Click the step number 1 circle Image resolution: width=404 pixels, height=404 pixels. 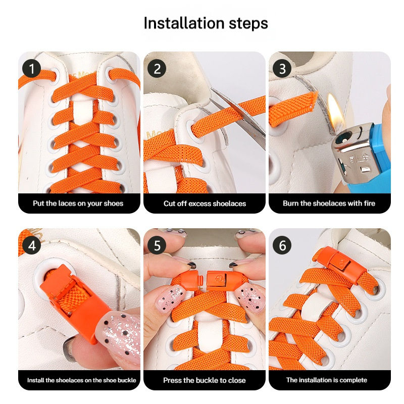(31, 69)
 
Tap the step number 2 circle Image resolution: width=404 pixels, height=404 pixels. (157, 69)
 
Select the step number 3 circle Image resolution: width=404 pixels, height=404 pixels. (282, 69)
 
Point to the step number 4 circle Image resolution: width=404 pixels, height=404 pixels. (31, 245)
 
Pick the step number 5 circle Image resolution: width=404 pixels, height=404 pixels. (157, 245)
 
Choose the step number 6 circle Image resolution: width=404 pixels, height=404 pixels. (282, 245)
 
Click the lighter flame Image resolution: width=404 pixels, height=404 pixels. (335, 112)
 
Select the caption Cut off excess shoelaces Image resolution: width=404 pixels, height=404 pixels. (205, 204)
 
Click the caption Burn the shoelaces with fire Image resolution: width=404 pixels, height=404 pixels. (329, 204)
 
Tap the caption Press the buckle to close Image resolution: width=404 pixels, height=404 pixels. (205, 380)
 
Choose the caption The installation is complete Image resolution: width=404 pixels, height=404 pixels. (326, 380)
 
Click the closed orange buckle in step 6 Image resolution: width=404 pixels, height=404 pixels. (339, 265)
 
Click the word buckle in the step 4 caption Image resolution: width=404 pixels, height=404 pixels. (127, 380)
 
